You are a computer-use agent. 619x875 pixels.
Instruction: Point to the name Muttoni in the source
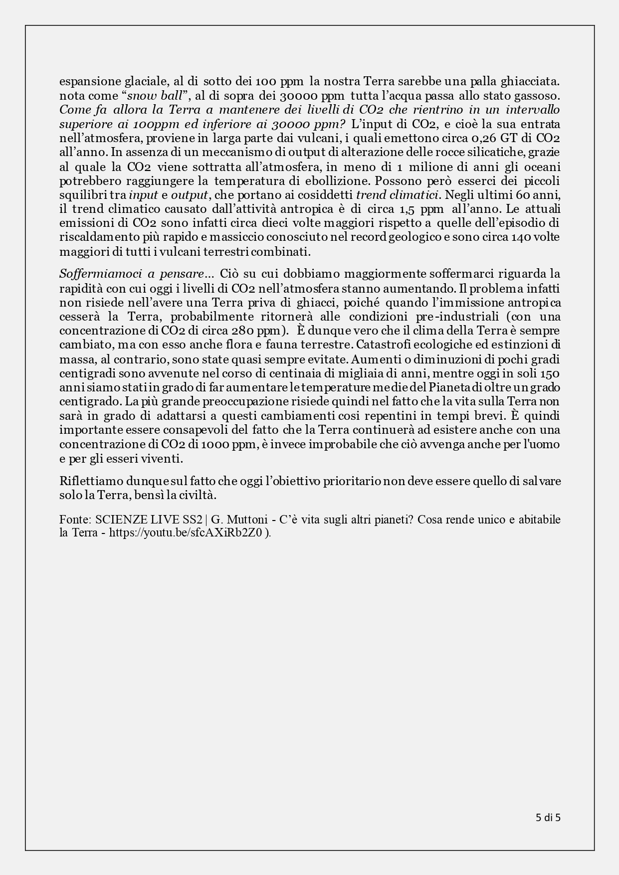[246, 520]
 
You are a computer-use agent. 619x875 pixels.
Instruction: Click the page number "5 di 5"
[548, 817]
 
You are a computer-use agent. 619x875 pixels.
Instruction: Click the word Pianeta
[447, 387]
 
